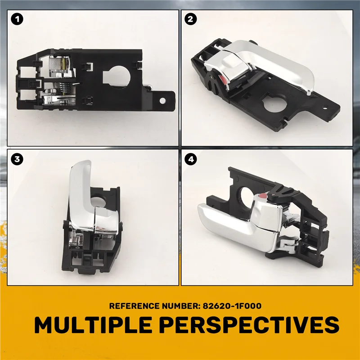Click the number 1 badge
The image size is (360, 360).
(x=17, y=19)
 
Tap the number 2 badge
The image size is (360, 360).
(x=190, y=19)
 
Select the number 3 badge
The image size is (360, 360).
(x=17, y=159)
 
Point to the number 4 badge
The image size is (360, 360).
(x=190, y=159)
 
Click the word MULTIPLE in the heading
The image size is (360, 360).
(x=93, y=325)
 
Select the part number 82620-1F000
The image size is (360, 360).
(x=232, y=306)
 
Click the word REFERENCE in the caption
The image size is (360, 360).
(x=134, y=306)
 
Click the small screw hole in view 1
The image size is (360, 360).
(x=162, y=100)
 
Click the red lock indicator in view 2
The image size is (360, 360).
(x=224, y=79)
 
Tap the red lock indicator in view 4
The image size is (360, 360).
(x=263, y=196)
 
